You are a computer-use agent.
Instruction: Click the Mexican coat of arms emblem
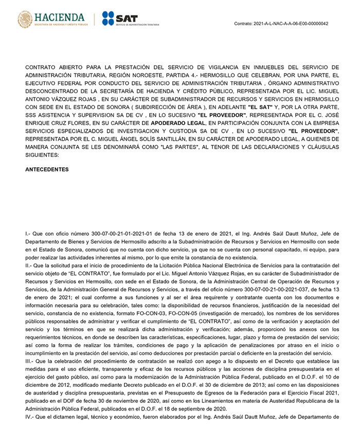(25, 20)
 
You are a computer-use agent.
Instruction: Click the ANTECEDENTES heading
(47, 169)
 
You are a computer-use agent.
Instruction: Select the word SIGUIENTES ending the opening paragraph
(43, 155)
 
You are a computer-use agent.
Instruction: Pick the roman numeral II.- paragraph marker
(29, 258)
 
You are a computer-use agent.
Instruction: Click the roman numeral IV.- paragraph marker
(30, 416)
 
